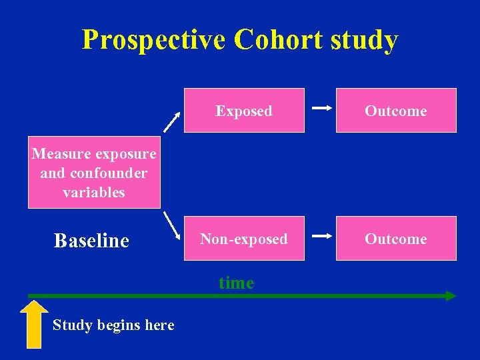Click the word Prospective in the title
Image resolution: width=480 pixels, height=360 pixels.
point(154,41)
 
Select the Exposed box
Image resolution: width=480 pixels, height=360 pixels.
point(244,111)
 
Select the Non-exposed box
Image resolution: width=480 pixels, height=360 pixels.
point(244,239)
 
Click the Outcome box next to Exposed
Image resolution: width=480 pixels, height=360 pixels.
point(396,111)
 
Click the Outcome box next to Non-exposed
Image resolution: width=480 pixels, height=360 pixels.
point(396,239)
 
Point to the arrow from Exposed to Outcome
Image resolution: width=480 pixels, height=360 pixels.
point(323,107)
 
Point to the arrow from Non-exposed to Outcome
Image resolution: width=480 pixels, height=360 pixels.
point(323,235)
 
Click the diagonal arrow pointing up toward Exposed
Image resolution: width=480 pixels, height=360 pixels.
point(173,121)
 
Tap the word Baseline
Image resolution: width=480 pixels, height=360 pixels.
point(91,241)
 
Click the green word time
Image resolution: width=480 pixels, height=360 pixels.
point(237,283)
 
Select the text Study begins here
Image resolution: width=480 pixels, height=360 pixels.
point(113,325)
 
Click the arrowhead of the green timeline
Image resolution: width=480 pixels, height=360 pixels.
point(451,295)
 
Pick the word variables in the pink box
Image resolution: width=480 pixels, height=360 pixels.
point(94,193)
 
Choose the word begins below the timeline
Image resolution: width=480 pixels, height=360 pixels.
point(119,325)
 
